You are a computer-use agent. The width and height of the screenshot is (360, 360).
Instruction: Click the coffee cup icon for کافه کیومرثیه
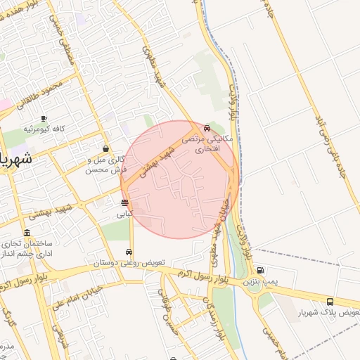(x=44, y=118)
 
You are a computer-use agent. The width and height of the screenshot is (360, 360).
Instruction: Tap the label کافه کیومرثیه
(x=44, y=129)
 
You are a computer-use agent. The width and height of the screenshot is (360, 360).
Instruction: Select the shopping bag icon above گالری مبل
(x=105, y=148)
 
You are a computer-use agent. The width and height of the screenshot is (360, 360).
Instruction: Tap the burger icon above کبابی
(x=124, y=203)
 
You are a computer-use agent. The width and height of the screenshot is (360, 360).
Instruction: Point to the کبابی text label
(x=124, y=214)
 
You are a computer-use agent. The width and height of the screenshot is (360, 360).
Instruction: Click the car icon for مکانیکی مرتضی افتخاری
(x=207, y=129)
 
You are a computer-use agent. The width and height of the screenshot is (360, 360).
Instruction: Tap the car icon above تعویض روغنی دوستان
(x=130, y=252)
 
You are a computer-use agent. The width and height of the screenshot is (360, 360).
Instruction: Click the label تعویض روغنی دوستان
(x=130, y=263)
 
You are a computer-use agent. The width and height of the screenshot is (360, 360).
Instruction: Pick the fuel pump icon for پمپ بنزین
(x=261, y=270)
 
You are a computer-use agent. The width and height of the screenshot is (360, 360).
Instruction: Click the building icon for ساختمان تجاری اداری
(x=27, y=233)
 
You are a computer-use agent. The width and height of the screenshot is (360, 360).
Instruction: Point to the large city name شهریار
(x=15, y=157)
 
